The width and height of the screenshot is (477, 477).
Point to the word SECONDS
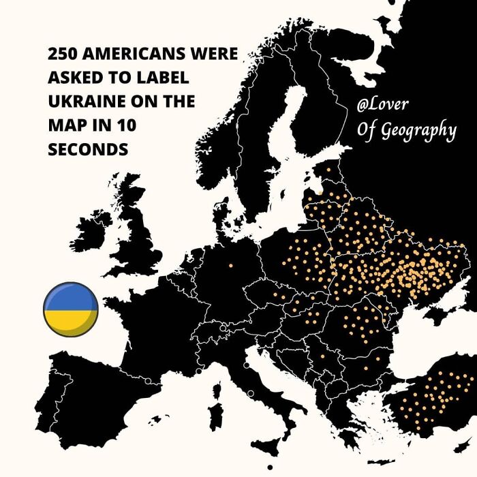click(89, 149)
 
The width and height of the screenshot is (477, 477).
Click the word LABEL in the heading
click(161, 78)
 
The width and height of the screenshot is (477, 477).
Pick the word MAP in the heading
click(65, 126)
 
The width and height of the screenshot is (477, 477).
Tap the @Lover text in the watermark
click(387, 106)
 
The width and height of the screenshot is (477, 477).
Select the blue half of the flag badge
click(71, 298)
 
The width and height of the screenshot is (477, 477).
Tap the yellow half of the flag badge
click(71, 321)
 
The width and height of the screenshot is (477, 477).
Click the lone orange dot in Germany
click(230, 265)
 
